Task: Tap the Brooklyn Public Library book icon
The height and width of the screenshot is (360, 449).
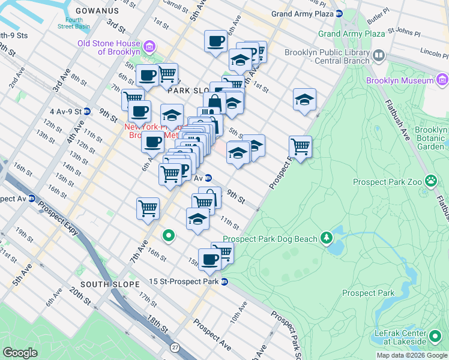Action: click(x=379, y=56)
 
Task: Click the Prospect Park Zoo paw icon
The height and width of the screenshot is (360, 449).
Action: click(x=430, y=181)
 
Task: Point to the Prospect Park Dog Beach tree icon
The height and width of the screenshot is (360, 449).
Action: click(x=326, y=238)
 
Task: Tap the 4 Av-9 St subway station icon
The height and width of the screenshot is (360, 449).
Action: click(x=87, y=111)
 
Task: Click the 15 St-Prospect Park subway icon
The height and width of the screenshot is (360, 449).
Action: click(x=224, y=281)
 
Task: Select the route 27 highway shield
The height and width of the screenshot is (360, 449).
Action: click(x=175, y=347)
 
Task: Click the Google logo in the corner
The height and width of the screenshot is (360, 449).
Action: click(x=20, y=352)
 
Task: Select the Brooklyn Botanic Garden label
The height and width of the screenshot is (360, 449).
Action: click(x=431, y=138)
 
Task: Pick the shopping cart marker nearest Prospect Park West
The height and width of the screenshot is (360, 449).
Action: click(x=300, y=146)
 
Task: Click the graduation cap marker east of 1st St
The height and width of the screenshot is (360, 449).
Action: click(x=304, y=100)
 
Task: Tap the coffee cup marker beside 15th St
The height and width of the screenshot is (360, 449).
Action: click(x=209, y=259)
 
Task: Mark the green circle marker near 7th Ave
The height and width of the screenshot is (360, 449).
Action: click(x=169, y=236)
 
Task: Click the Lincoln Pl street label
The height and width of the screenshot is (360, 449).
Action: click(x=434, y=50)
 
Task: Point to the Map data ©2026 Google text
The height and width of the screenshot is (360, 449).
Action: click(x=411, y=355)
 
